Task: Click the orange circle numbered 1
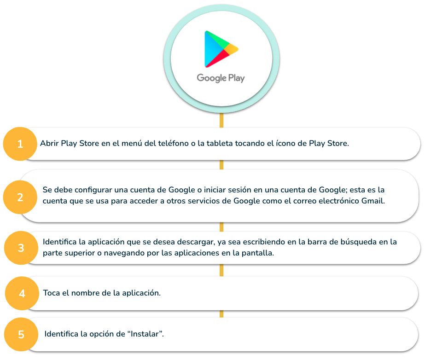click(x=20, y=144)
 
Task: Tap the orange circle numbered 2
click(x=20, y=197)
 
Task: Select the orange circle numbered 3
click(x=21, y=248)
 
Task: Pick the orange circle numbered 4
click(x=22, y=293)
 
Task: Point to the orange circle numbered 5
click(x=21, y=334)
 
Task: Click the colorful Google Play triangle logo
click(x=221, y=49)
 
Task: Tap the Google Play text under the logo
click(x=221, y=78)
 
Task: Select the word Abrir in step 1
click(x=49, y=143)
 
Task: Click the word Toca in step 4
click(x=52, y=293)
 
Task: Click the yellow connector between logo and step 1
click(x=221, y=120)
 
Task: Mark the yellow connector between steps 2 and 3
click(x=221, y=227)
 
